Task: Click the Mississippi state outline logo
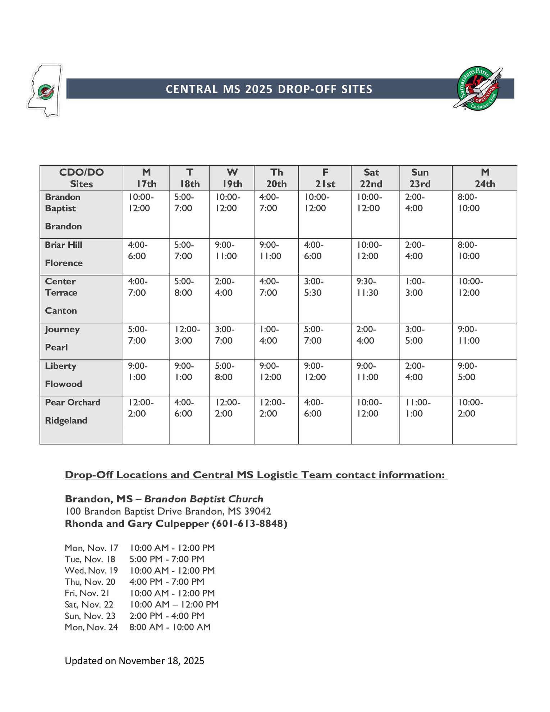[45, 90]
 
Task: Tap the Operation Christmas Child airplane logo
[477, 89]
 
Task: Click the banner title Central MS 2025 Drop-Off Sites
[269, 89]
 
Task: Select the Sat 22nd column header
[371, 178]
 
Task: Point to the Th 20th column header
[276, 178]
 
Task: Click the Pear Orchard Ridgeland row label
[72, 411]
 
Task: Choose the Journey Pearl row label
[62, 338]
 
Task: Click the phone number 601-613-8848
[249, 524]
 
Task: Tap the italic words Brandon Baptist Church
[204, 499]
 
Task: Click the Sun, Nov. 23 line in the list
[134, 616]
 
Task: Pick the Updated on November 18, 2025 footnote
[134, 661]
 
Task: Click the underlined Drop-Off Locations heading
[256, 475]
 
